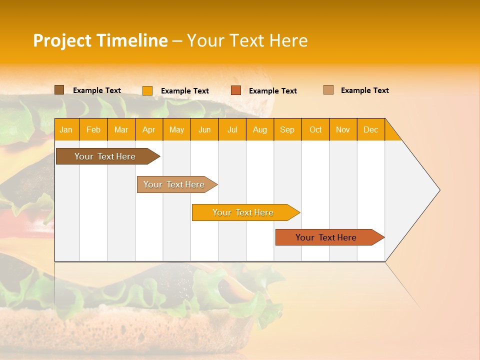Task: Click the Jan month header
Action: [x=66, y=129]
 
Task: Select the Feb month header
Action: [x=93, y=129]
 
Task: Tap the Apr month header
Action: [x=148, y=129]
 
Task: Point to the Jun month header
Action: [x=204, y=129]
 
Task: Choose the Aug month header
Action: [x=259, y=129]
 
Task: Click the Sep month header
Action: [x=287, y=129]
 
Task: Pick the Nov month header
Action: [x=342, y=129]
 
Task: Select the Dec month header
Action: [x=370, y=129]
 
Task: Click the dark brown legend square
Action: [x=59, y=90]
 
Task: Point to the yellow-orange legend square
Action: [x=147, y=90]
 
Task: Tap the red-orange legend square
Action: [x=236, y=90]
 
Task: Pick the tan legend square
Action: [x=328, y=90]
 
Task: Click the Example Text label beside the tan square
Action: [x=364, y=90]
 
